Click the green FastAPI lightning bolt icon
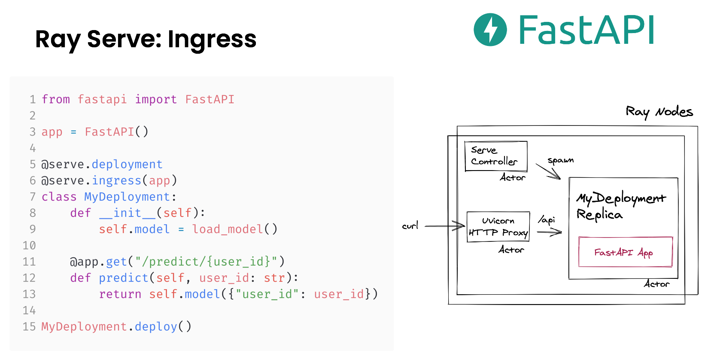point(490,30)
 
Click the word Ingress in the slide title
point(212,40)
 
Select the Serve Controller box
point(495,156)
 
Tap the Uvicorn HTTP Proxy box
point(498,227)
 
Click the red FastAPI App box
point(625,252)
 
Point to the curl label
point(410,226)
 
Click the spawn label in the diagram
point(560,161)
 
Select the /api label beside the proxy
point(547,220)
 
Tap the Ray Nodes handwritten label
point(659,112)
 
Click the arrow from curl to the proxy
point(444,226)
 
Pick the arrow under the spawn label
point(549,171)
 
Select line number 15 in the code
point(29,327)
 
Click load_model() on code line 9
point(234,229)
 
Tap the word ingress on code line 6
point(116,181)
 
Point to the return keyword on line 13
point(120,294)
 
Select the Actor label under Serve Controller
point(512,177)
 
